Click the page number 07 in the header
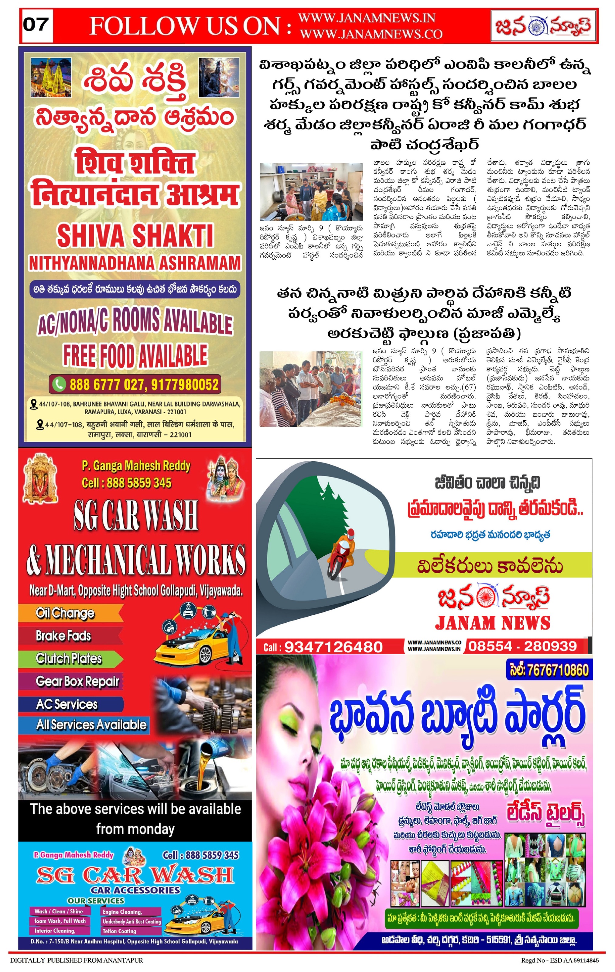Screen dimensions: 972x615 pyautogui.click(x=36, y=25)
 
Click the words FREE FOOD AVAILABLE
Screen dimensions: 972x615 pyautogui.click(x=135, y=356)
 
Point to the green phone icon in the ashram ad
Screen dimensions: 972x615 pyautogui.click(x=59, y=384)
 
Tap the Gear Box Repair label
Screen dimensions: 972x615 pyautogui.click(x=77, y=681)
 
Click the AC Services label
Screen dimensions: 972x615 pyautogui.click(x=67, y=704)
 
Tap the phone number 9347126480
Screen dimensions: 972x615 pyautogui.click(x=333, y=647)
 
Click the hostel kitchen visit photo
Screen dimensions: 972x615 pyautogui.click(x=311, y=191)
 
